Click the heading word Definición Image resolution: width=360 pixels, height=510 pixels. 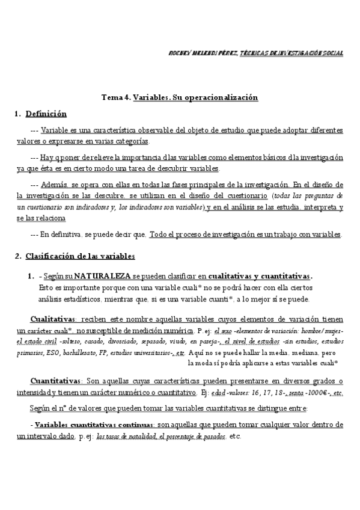(46, 114)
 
